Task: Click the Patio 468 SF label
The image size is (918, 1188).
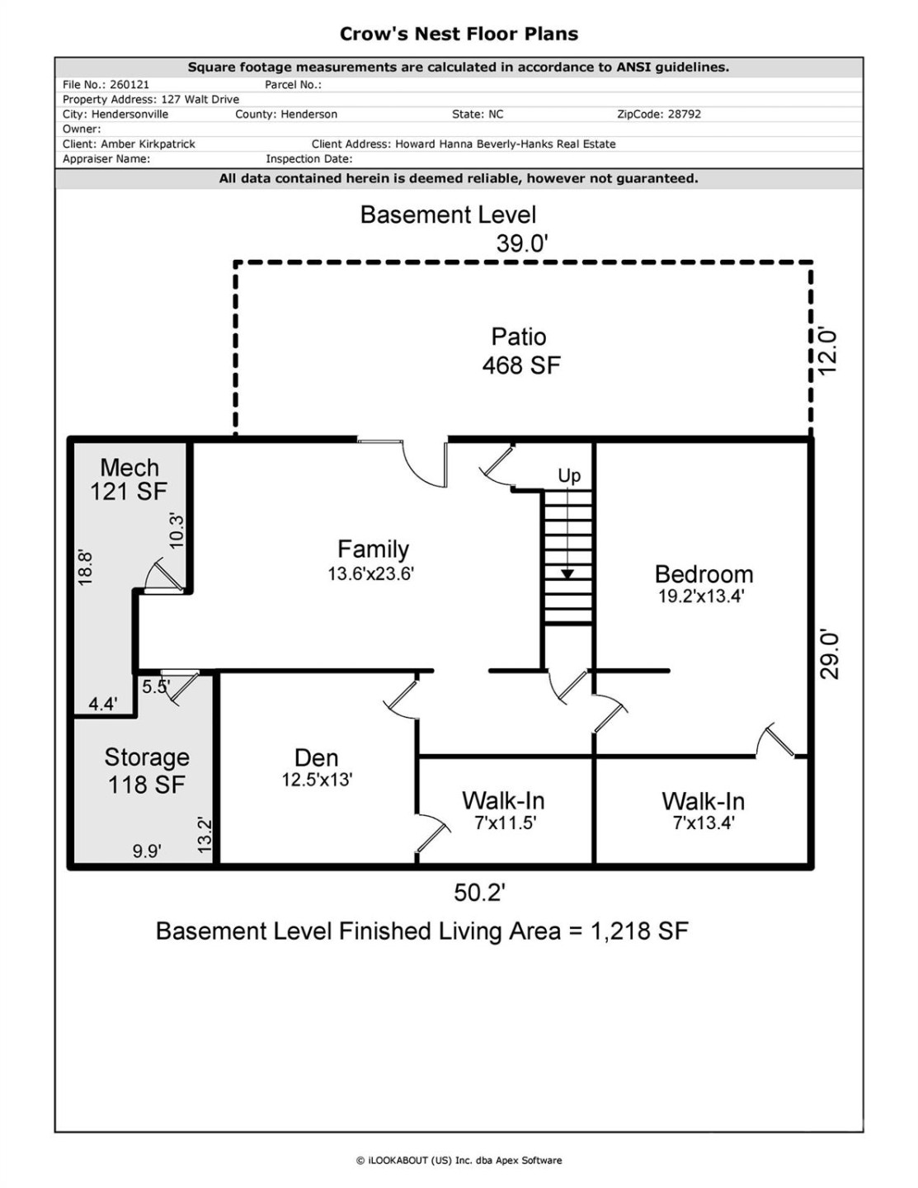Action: tap(520, 351)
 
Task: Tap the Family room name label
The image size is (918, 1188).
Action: tap(373, 549)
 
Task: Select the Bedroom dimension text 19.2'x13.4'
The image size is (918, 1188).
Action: tap(701, 596)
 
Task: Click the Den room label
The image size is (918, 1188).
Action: tap(316, 757)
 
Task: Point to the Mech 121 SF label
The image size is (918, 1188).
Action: tap(129, 479)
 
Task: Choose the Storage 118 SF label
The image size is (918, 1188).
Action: tap(146, 771)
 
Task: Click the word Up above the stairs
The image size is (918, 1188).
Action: tap(569, 475)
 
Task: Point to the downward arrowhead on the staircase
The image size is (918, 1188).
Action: tap(567, 574)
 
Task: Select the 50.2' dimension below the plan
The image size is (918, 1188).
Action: tap(479, 892)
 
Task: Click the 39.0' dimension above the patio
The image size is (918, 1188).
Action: tap(522, 243)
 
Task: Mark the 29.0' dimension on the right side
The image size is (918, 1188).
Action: tap(830, 655)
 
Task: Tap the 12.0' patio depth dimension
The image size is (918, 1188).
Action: tap(827, 351)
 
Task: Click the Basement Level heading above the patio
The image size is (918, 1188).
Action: tap(448, 215)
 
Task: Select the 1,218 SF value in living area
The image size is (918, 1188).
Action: tap(639, 931)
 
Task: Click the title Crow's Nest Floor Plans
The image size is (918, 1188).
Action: tap(459, 34)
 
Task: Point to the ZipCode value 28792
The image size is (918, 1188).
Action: tap(684, 115)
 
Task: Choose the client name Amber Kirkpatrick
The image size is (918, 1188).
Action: tap(148, 144)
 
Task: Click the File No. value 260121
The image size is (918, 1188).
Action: tap(129, 85)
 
